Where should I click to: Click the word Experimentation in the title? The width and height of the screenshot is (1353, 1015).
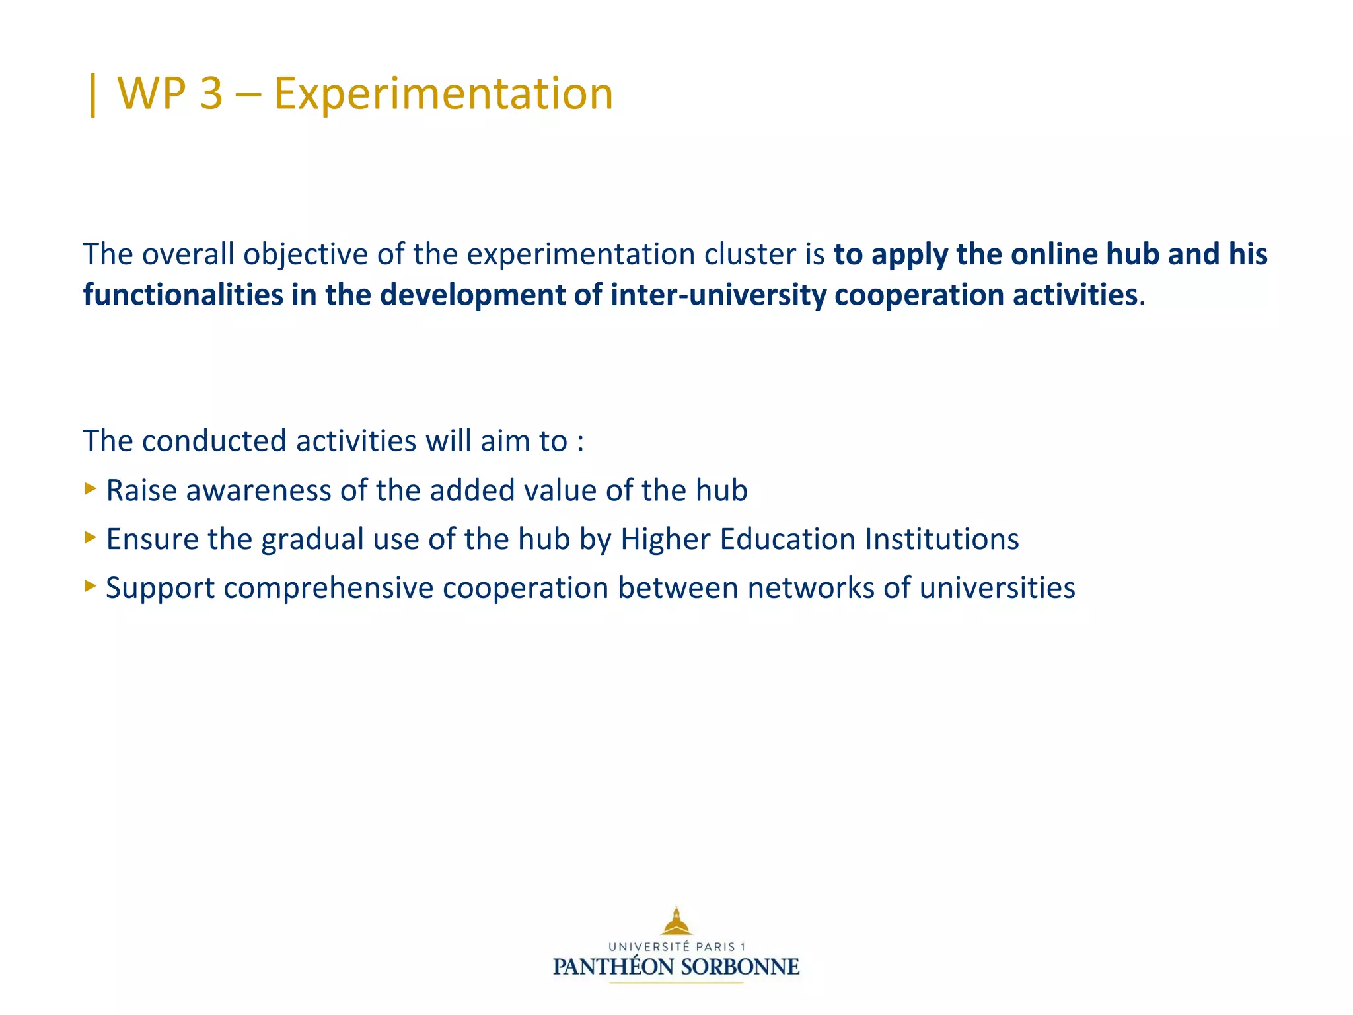tap(443, 93)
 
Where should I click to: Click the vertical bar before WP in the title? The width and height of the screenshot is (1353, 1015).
tap(92, 94)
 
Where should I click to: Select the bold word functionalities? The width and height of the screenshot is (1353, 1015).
tap(183, 295)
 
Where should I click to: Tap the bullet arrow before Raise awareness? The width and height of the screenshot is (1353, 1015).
tap(91, 489)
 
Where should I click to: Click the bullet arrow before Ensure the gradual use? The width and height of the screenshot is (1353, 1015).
tap(91, 537)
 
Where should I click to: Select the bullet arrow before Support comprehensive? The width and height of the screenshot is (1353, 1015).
tap(91, 585)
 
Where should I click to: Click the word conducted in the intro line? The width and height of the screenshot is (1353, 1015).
tap(214, 441)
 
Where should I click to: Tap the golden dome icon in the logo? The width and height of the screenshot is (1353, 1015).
tap(676, 921)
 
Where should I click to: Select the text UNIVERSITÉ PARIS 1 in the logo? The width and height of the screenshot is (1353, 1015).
tap(676, 946)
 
